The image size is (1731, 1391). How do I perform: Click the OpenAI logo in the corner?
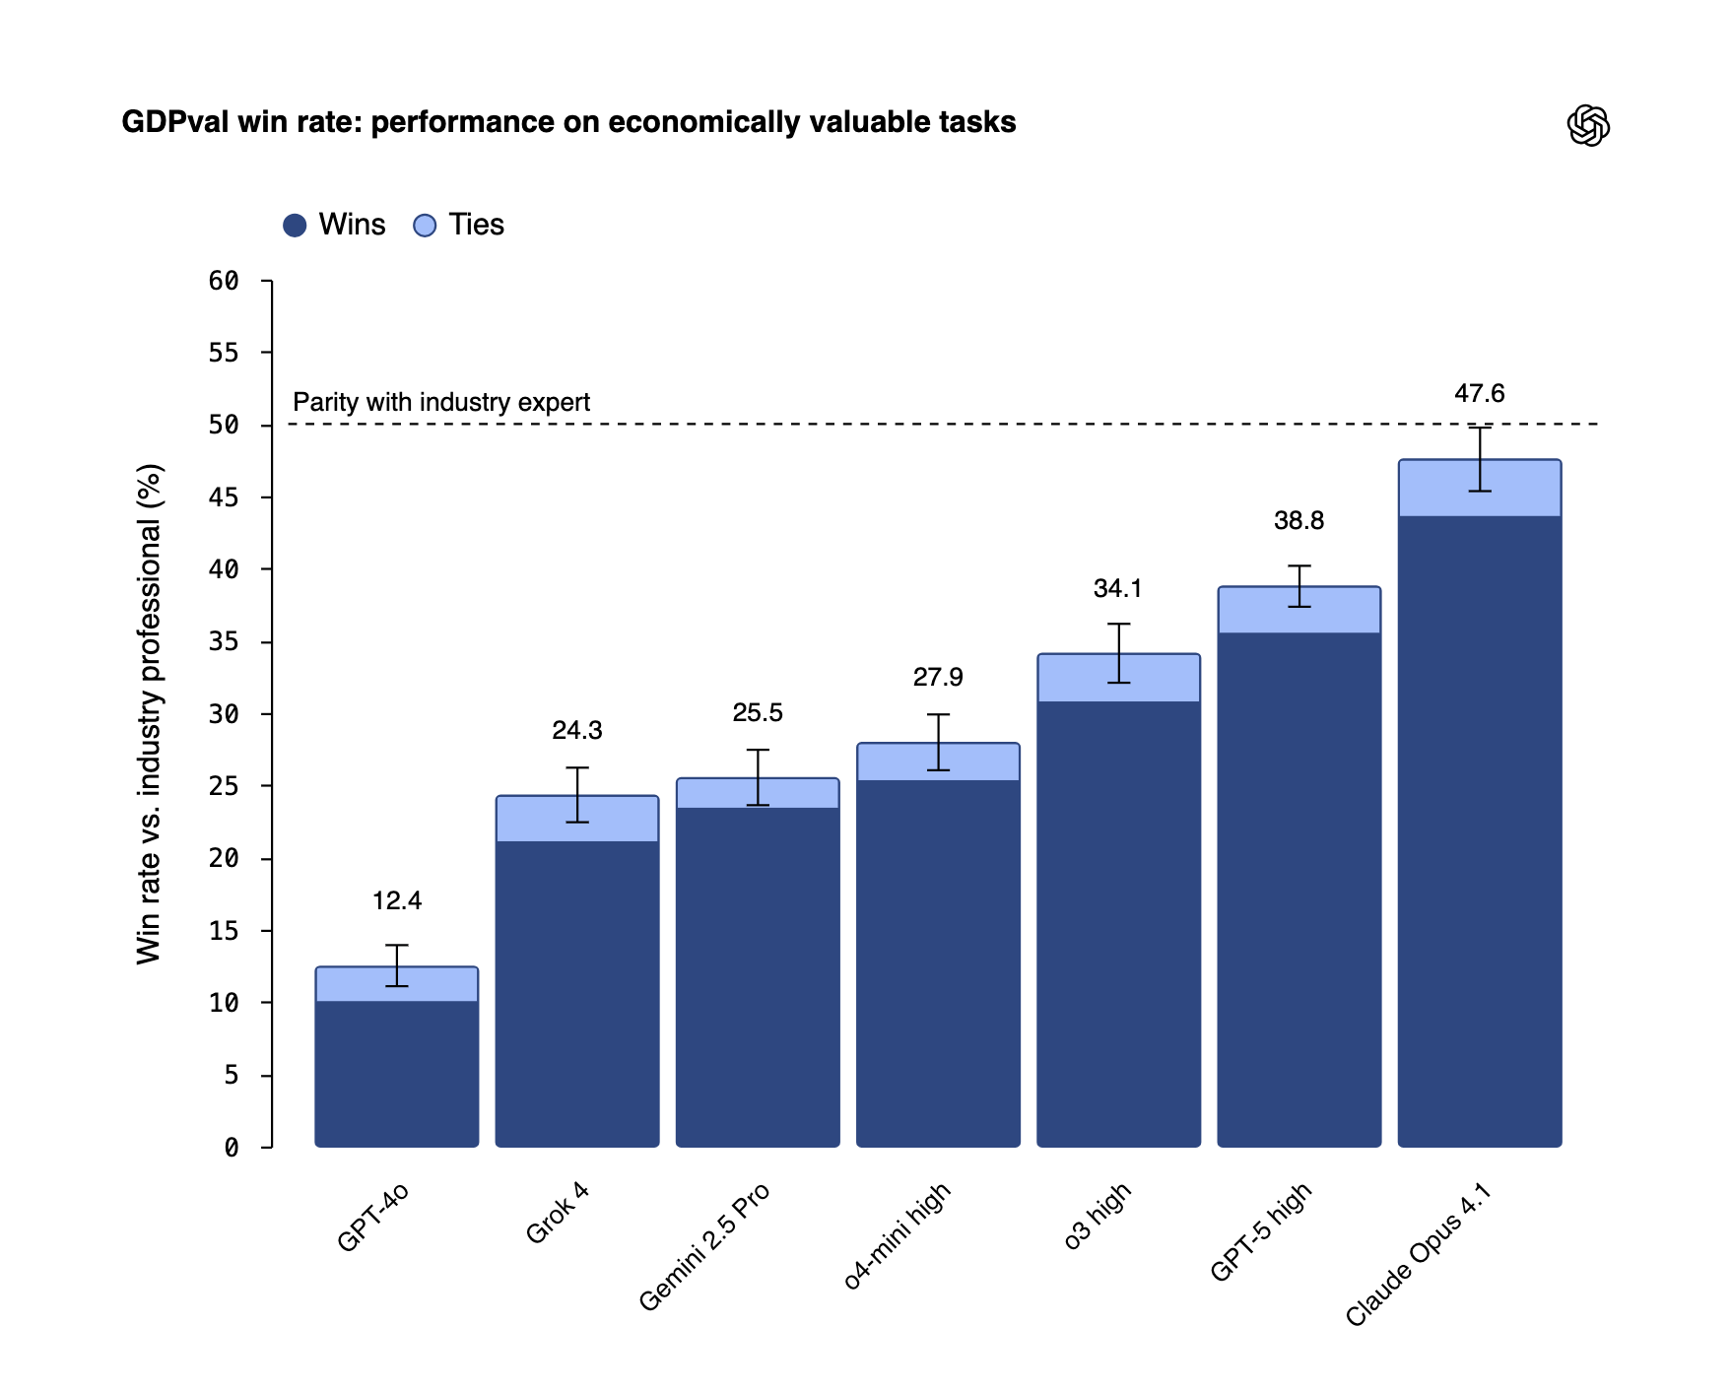[x=1587, y=125]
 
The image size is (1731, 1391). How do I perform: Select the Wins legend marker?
[x=295, y=226]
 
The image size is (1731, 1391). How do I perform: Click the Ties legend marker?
[x=425, y=226]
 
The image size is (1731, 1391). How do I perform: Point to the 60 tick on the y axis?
[x=225, y=281]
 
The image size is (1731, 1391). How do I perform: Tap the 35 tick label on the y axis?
[x=225, y=642]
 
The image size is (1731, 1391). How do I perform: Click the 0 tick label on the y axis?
[x=232, y=1148]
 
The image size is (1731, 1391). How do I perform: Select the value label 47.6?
[x=1479, y=394]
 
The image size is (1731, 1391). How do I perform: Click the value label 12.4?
[x=397, y=901]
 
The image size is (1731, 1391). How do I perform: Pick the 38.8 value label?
[x=1298, y=521]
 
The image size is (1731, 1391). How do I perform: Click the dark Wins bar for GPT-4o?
[x=397, y=1074]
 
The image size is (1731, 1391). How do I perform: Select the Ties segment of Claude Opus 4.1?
[x=1438, y=489]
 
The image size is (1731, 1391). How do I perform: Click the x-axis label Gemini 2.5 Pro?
[x=704, y=1246]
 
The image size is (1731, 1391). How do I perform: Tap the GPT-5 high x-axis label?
[x=1261, y=1231]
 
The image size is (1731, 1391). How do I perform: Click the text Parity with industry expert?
[x=441, y=403]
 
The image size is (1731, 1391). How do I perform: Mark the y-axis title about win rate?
[x=149, y=714]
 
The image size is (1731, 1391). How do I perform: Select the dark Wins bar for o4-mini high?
[x=938, y=965]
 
